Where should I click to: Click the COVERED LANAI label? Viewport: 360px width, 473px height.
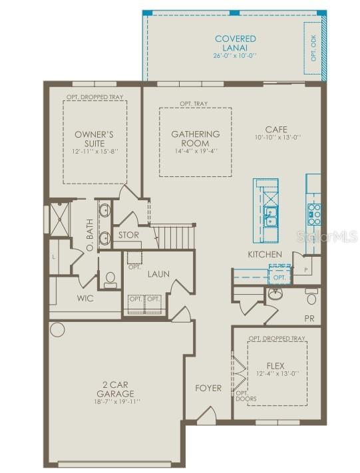coord(235,43)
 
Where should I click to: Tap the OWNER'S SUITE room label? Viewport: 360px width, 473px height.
coord(94,138)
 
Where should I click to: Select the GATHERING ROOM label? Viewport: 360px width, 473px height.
coord(195,138)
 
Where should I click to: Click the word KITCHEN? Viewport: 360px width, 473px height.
coord(265,254)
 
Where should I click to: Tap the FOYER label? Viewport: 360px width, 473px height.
coord(208,388)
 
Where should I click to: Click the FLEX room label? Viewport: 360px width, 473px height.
coord(275,365)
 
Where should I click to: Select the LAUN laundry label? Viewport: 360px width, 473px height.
coord(158,273)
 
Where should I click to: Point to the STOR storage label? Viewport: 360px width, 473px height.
coord(129,235)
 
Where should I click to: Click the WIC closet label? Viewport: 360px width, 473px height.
coord(85,298)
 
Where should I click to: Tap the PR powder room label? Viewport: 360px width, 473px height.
coord(309,319)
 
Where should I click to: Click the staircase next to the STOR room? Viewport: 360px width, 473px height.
coord(174,235)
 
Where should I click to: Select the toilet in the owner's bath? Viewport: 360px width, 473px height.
coord(110,279)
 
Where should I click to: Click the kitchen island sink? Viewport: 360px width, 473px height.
coord(271,215)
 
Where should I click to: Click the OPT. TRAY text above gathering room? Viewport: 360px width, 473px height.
coord(195,104)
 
